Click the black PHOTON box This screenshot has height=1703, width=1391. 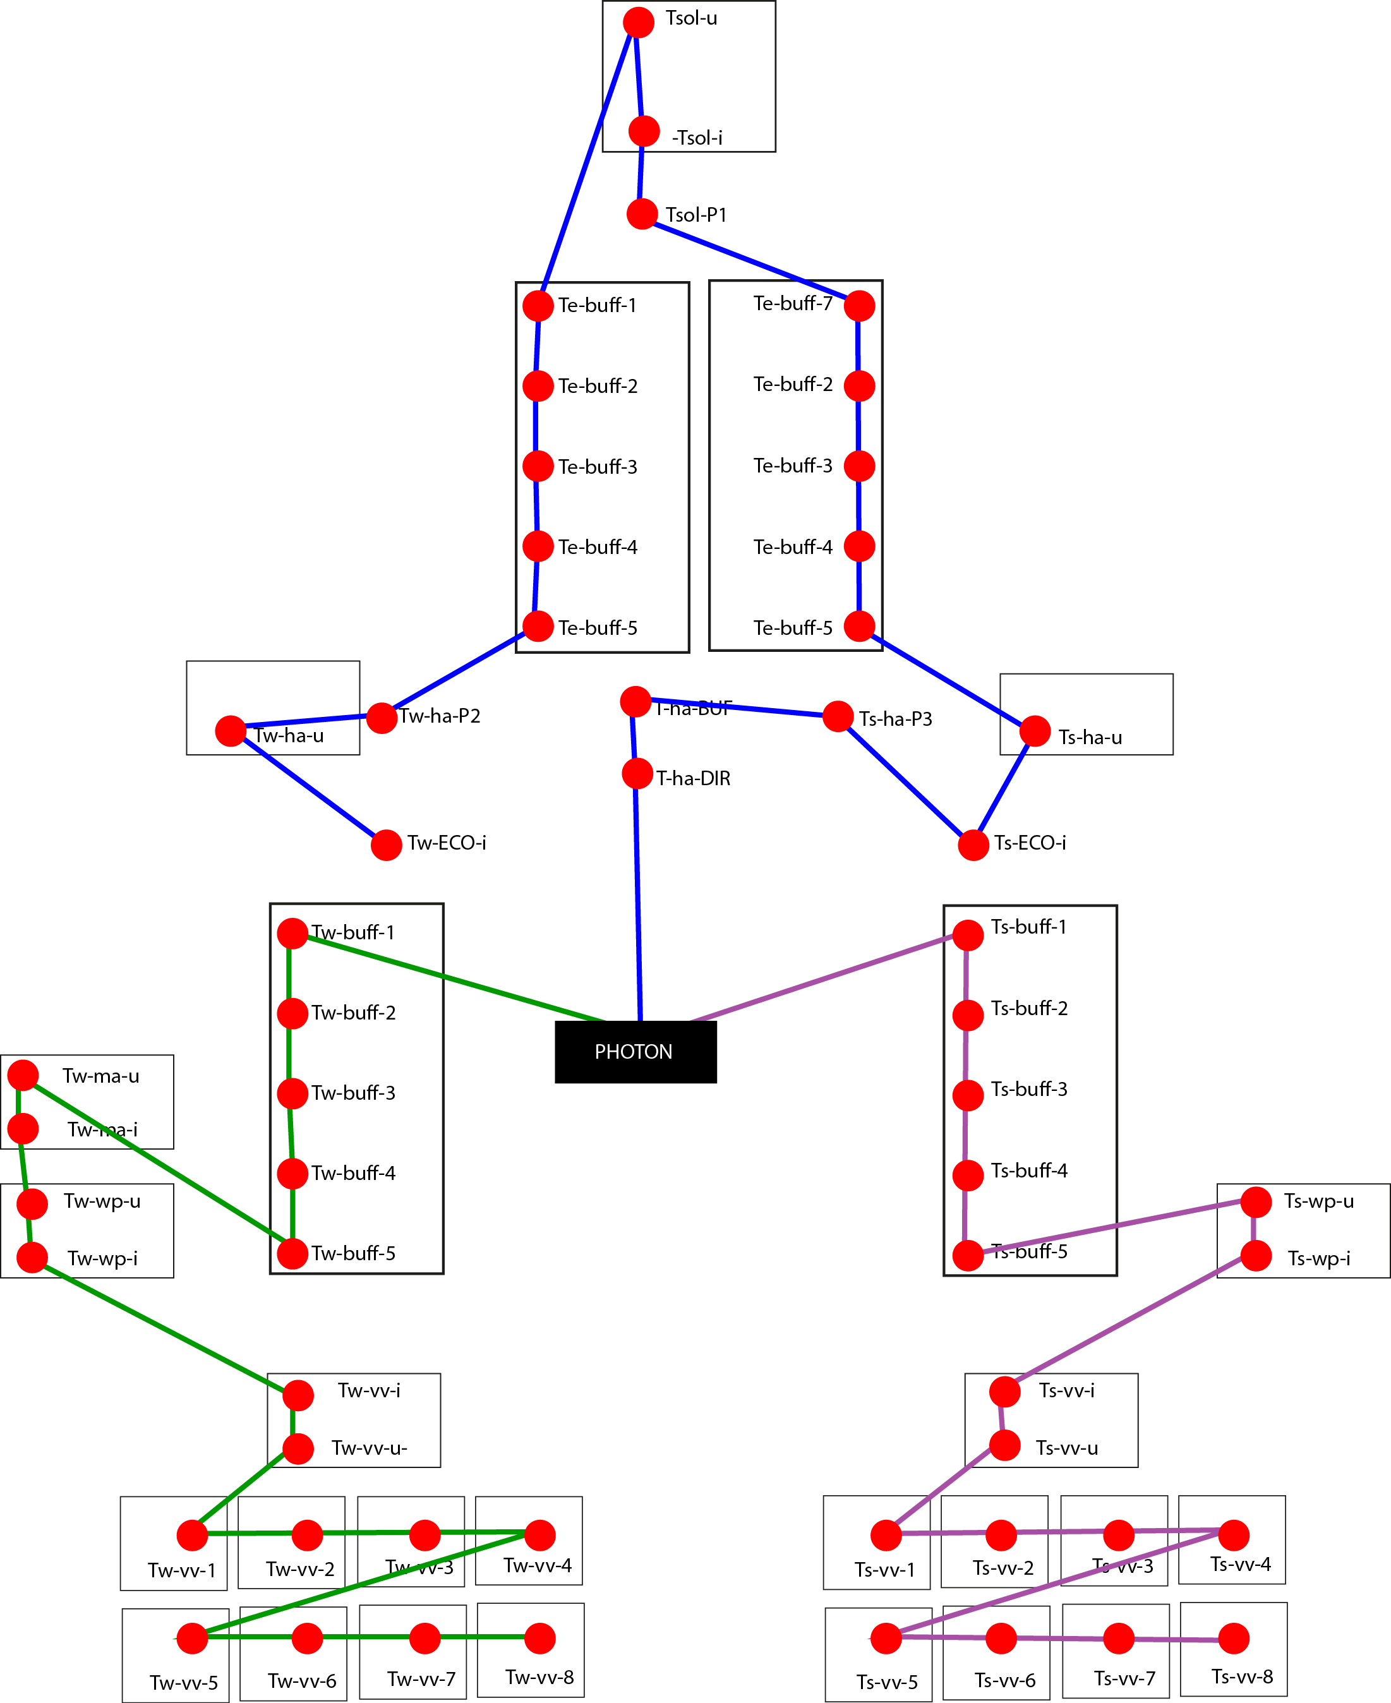pos(635,1052)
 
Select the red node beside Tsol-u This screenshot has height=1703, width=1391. pos(639,23)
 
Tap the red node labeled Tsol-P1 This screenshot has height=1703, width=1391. pos(642,214)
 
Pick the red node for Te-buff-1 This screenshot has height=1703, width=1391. pos(538,305)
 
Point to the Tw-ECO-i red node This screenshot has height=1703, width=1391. pos(386,845)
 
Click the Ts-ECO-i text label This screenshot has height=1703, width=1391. pos(1030,843)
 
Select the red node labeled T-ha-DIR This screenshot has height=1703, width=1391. pos(637,774)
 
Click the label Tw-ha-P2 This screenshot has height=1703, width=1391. pos(440,716)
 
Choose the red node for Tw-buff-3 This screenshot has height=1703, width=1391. pos(292,1093)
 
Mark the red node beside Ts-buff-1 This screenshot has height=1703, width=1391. pos(968,935)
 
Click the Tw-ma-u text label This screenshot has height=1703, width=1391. pos(101,1076)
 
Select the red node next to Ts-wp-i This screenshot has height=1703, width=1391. pos(1256,1255)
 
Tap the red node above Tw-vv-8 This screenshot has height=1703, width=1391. pos(540,1638)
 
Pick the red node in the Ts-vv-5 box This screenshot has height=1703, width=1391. pos(886,1638)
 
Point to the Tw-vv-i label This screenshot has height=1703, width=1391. pos(368,1390)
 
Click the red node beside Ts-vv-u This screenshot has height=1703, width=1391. pos(1005,1445)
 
